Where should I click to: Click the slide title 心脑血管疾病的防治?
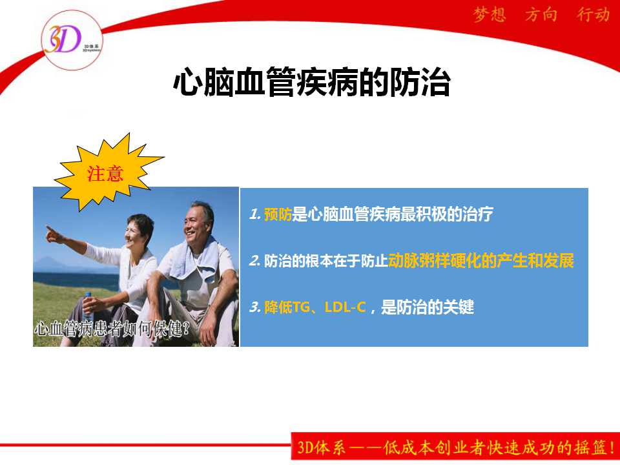312,82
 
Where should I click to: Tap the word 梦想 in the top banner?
490,15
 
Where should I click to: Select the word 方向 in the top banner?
541,15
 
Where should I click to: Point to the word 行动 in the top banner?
593,15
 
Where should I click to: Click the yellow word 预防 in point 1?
278,214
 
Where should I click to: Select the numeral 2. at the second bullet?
254,261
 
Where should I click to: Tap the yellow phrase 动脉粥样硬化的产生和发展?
480,260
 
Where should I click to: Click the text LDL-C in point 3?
345,307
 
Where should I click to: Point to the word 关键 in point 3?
459,307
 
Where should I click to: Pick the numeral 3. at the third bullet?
254,307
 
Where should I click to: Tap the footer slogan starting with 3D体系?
455,447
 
